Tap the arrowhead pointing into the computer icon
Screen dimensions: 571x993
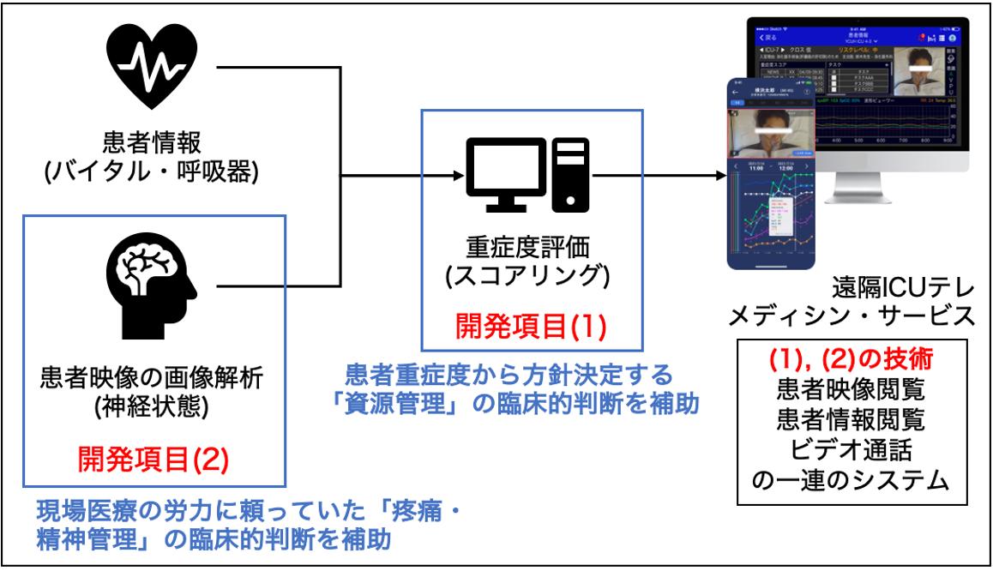(455, 177)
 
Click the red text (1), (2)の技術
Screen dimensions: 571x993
(851, 359)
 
